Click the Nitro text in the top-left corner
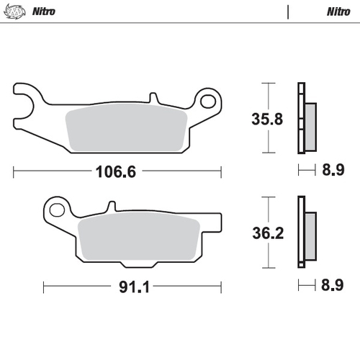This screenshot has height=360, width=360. tap(45, 12)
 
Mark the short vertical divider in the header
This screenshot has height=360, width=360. tap(288, 12)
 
